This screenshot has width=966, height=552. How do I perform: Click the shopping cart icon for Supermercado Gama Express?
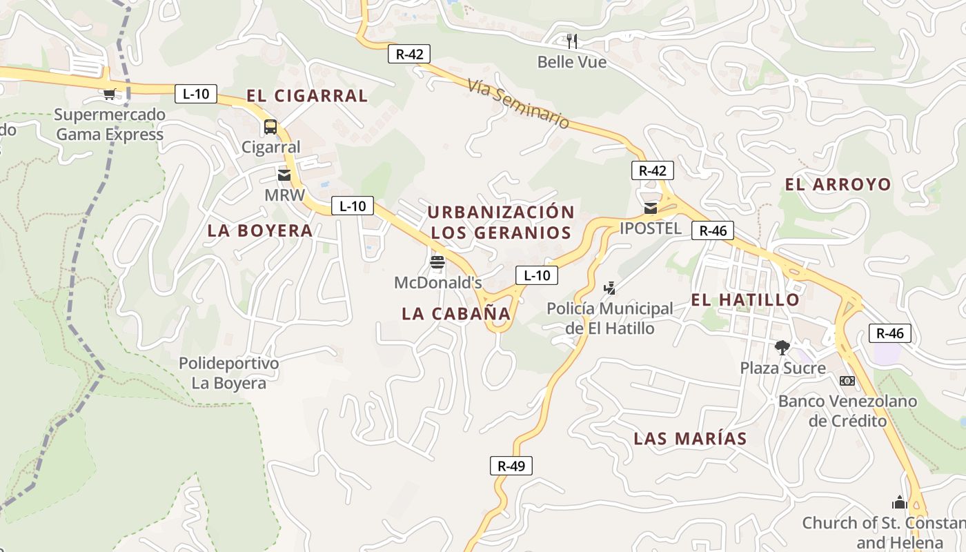pos(109,94)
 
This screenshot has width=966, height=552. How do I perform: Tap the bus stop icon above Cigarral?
pos(270,127)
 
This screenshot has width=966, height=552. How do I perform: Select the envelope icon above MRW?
pos(284,175)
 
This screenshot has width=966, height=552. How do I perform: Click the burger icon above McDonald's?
pos(437,262)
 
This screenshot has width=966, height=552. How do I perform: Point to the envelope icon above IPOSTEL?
pos(650,208)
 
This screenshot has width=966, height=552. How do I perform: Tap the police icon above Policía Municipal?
pos(609,288)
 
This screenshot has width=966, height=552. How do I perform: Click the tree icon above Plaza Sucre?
pos(782,347)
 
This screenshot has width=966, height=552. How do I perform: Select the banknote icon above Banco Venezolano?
pos(847,381)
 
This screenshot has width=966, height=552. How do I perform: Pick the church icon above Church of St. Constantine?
pos(899,502)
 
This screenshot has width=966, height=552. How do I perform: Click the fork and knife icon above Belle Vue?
pos(571,41)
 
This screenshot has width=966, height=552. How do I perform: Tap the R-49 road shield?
pos(511,466)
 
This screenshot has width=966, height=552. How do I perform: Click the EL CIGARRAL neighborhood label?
pos(307,96)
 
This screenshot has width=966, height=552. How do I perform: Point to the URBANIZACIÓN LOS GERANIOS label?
pos(501,222)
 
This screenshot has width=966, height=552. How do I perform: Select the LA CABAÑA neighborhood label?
pos(456,313)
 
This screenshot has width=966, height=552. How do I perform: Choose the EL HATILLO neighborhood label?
pos(745,299)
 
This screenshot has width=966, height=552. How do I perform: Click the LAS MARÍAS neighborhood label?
pos(690,438)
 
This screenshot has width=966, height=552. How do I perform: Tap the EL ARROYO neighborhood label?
pos(838,184)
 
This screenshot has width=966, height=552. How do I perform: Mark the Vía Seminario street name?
pos(518,103)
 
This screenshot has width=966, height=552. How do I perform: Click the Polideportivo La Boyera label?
pos(229,373)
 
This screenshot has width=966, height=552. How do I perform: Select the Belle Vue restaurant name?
pos(572,62)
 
